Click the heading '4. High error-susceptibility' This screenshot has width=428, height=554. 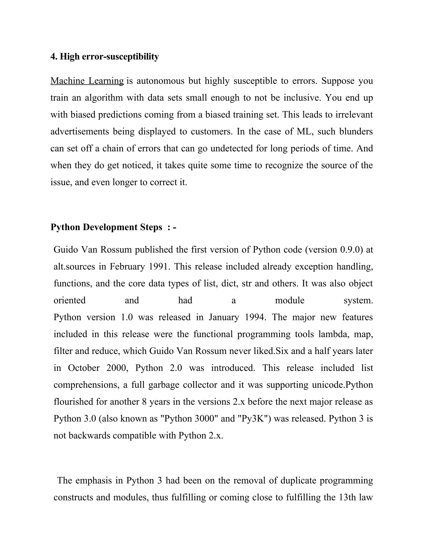104,57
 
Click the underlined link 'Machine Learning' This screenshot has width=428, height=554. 87,81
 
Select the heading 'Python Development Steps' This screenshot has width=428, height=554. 106,227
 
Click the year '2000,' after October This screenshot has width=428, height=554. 118,368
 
